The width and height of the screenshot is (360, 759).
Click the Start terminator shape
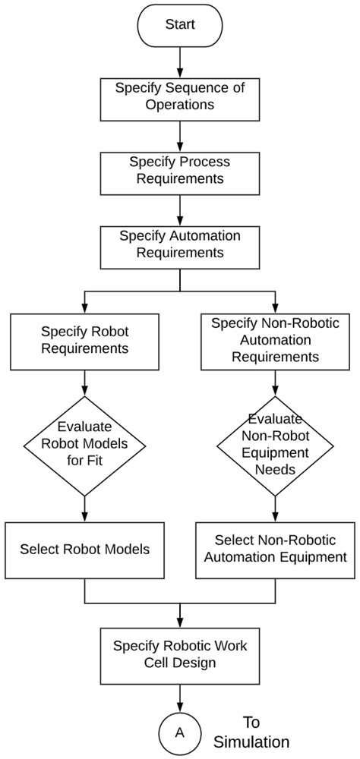click(x=180, y=24)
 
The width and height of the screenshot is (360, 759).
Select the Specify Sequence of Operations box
click(x=180, y=96)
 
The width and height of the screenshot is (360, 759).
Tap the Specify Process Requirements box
click(x=180, y=170)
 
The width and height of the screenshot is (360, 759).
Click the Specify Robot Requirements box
click(x=84, y=339)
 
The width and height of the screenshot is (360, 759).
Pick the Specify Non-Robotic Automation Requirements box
click(x=275, y=339)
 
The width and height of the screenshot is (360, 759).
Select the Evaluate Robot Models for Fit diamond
click(x=84, y=445)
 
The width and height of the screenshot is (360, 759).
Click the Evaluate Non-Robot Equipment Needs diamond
click(x=275, y=445)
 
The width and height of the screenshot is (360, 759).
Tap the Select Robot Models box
click(x=84, y=548)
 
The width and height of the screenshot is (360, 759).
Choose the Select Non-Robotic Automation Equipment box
click(x=275, y=548)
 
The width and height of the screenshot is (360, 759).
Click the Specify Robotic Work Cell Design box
click(x=180, y=653)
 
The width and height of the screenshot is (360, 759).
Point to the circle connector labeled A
click(x=180, y=732)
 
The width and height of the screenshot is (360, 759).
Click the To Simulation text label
click(x=251, y=732)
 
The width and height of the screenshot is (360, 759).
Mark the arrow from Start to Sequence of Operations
click(x=180, y=61)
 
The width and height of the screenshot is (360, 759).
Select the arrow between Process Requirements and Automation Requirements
click(x=180, y=207)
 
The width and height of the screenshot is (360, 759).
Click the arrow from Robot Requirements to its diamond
click(x=84, y=382)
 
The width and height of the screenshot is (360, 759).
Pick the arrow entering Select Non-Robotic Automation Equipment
click(x=275, y=509)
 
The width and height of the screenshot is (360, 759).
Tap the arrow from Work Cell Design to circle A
click(x=180, y=697)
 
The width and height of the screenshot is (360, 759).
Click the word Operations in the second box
click(x=180, y=104)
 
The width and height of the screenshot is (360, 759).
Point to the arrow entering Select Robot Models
click(x=84, y=509)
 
